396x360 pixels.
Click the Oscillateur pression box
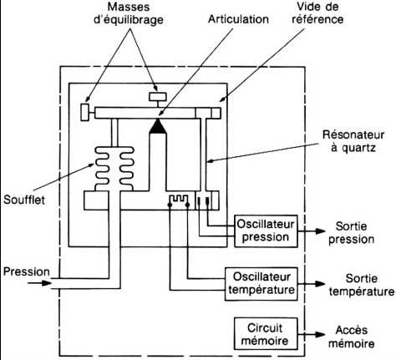(266, 231)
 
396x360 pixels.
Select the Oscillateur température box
(261, 284)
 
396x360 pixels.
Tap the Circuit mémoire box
(266, 334)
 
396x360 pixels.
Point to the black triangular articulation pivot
(158, 126)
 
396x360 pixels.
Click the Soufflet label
(24, 200)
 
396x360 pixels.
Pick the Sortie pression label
(351, 233)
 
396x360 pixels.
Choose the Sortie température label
(362, 285)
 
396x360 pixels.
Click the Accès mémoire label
(352, 337)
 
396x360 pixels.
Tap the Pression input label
(27, 271)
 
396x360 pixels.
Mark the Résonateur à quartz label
(353, 141)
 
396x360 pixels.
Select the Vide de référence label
(317, 13)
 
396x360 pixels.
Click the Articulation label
(238, 19)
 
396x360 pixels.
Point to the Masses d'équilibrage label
(129, 13)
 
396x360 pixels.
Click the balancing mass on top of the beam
(158, 97)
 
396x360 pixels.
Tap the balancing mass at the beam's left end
(85, 112)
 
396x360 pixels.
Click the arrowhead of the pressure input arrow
(47, 283)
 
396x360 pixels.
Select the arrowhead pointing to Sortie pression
(320, 231)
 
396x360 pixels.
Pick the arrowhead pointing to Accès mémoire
(320, 334)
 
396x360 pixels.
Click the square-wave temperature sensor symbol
(179, 199)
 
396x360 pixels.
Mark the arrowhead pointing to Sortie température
(320, 284)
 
